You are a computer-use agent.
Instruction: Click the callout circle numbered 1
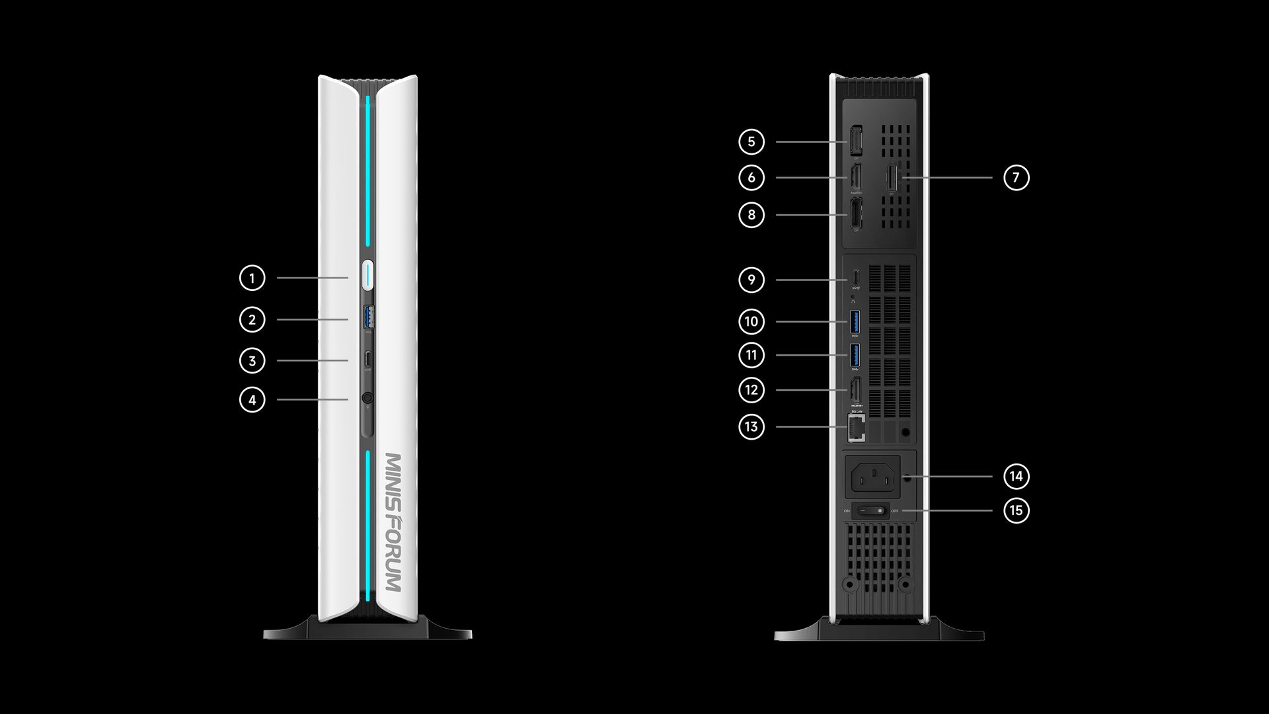pos(252,278)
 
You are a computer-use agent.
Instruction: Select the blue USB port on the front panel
pos(368,317)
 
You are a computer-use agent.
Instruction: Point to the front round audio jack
pos(367,399)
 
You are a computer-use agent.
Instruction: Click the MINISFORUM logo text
pos(393,522)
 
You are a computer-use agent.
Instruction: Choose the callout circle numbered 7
pos(1016,177)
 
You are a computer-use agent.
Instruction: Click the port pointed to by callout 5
pos(855,141)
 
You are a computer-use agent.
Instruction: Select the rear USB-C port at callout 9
pos(855,276)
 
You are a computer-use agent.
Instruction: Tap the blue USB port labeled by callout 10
pos(855,321)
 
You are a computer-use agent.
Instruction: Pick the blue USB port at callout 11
pos(855,355)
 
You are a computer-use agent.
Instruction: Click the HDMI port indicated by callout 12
pos(855,389)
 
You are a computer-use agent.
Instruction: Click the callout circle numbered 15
pos(1016,510)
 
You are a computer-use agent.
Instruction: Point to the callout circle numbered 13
pos(751,426)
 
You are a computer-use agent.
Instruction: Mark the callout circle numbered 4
pos(252,399)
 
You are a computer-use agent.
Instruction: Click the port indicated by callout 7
pos(892,177)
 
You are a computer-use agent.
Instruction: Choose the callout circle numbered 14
pos(1016,476)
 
